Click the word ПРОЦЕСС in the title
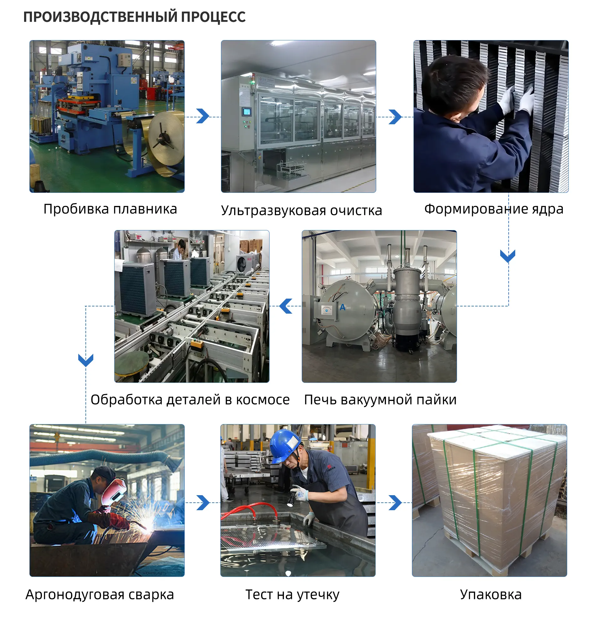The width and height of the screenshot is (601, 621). pyautogui.click(x=213, y=17)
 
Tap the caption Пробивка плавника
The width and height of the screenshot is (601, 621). pyautogui.click(x=110, y=209)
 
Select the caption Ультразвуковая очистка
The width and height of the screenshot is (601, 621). pyautogui.click(x=302, y=211)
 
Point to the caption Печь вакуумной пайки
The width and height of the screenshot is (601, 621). pyautogui.click(x=380, y=400)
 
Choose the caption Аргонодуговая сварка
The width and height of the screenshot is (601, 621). pyautogui.click(x=100, y=595)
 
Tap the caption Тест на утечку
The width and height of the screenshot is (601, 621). pyautogui.click(x=292, y=595)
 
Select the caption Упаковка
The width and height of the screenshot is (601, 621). pyautogui.click(x=491, y=595)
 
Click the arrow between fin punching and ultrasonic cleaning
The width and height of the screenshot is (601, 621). pyautogui.click(x=203, y=116)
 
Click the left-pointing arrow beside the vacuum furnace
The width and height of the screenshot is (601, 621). pyautogui.click(x=286, y=306)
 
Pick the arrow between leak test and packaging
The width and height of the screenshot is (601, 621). pyautogui.click(x=395, y=502)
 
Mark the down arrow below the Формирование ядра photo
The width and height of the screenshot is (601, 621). pyautogui.click(x=508, y=256)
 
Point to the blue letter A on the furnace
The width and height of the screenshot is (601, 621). pyautogui.click(x=342, y=307)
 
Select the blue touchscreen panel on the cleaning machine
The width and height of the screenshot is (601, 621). pyautogui.click(x=247, y=111)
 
